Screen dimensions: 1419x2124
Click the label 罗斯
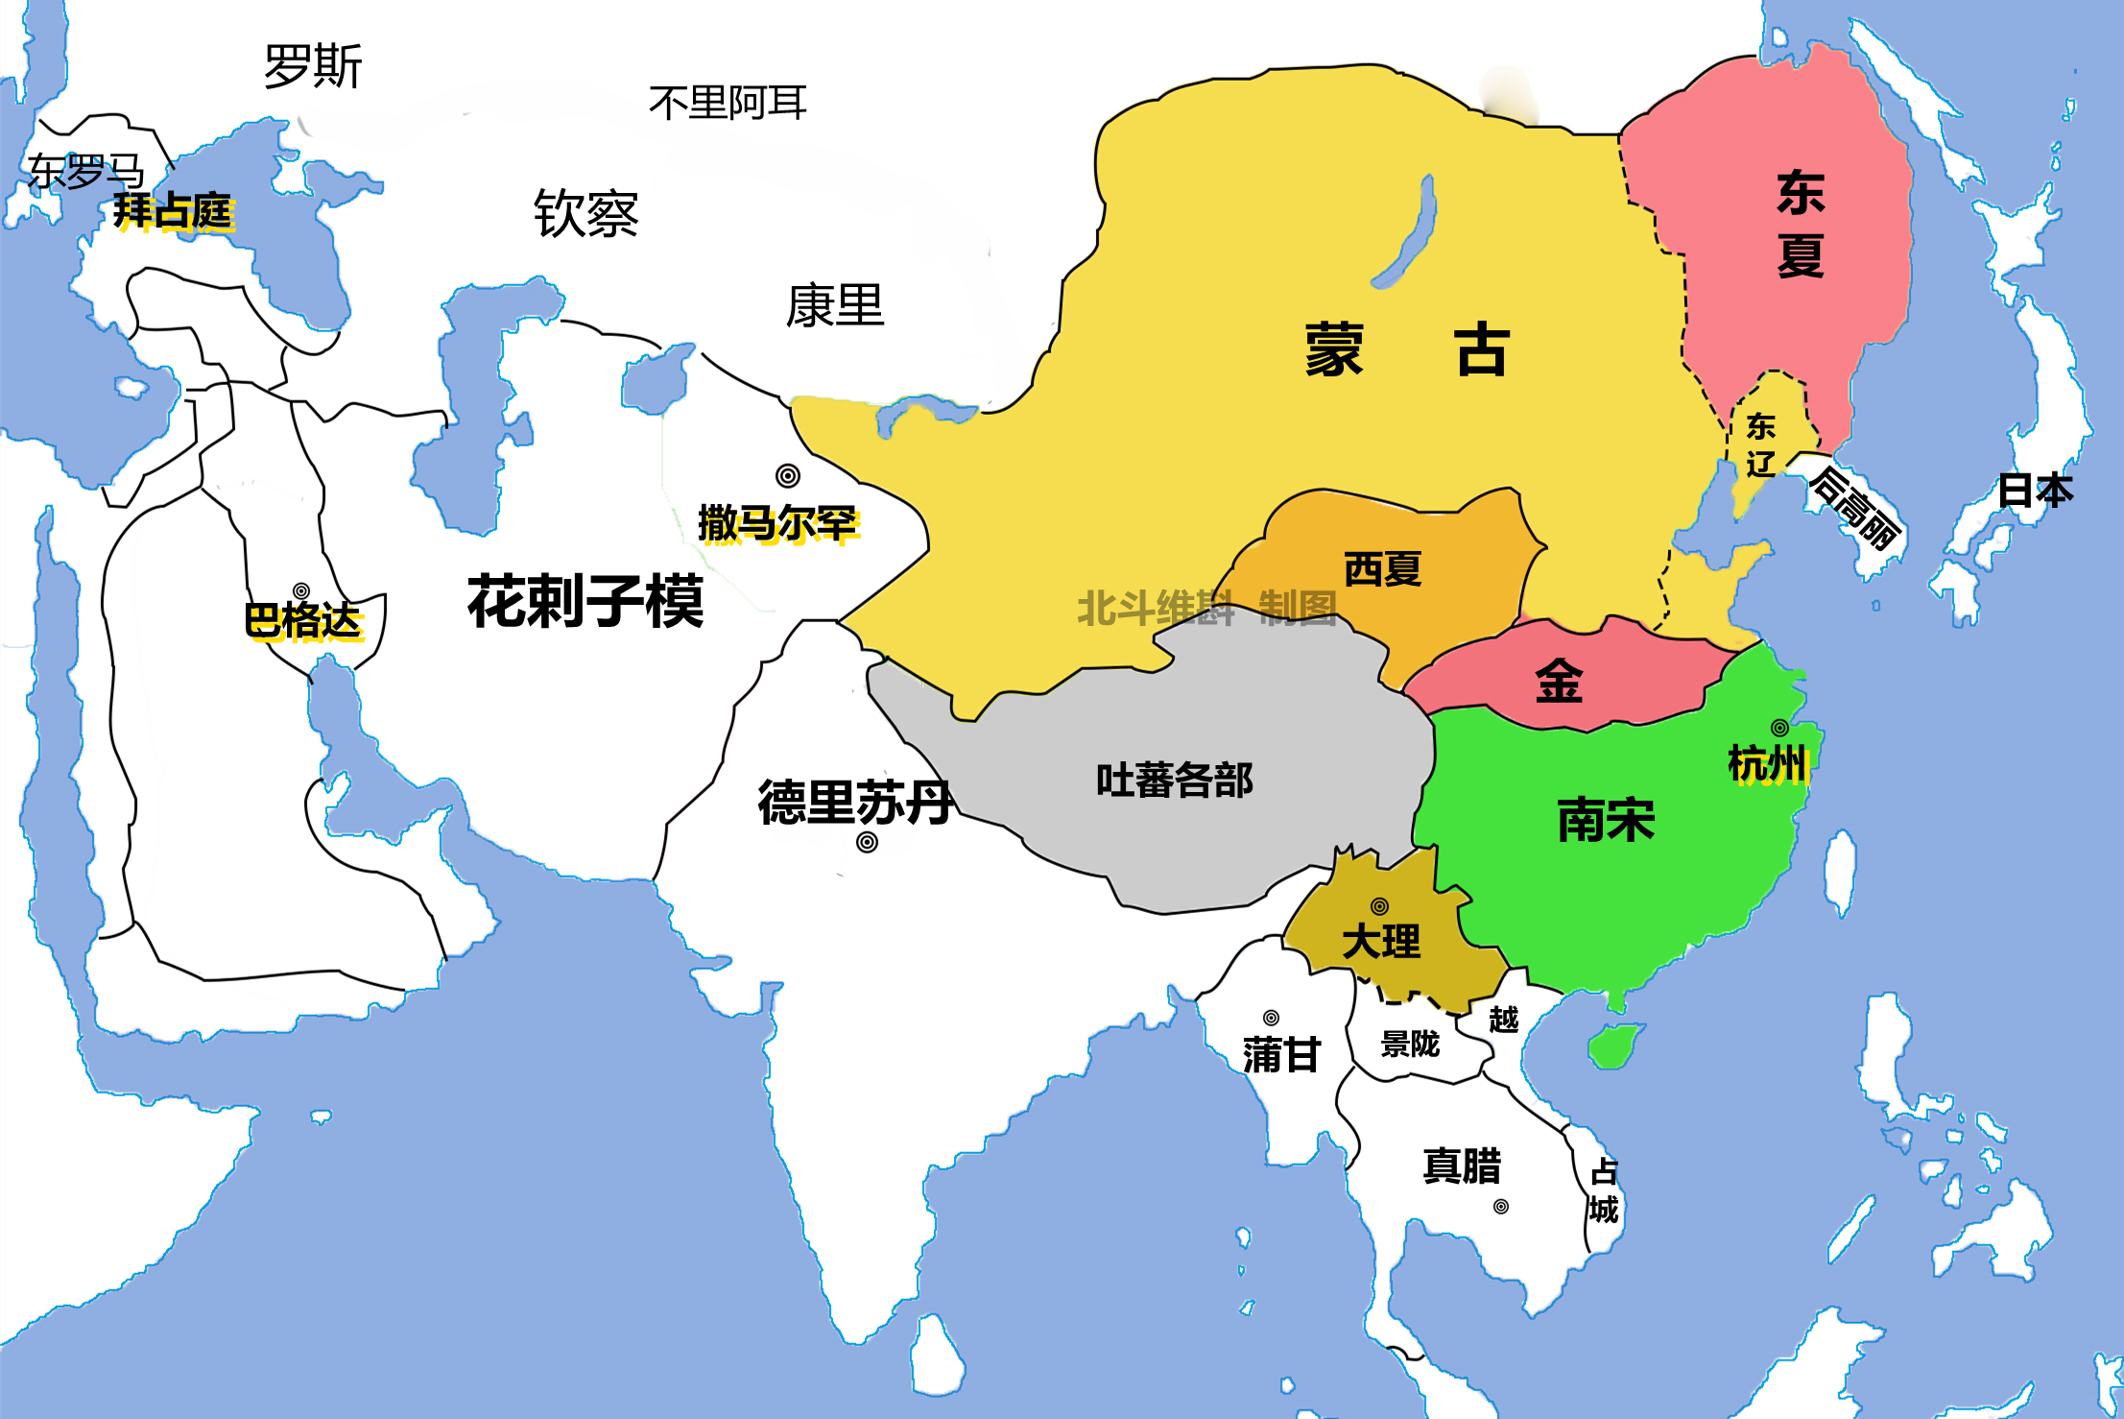coord(313,66)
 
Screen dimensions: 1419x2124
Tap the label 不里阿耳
coord(728,103)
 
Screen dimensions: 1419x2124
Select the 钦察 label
coord(585,212)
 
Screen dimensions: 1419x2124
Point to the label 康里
coord(834,305)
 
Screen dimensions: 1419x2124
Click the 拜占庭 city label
coord(173,210)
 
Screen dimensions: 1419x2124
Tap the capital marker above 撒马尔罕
coord(788,475)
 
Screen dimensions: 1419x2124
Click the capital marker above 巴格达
coord(301,590)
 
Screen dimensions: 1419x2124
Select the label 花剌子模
coord(585,602)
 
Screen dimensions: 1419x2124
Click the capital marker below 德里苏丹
coord(867,842)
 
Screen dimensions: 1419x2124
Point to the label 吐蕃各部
coord(1174,780)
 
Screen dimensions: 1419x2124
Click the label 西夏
coord(1382,569)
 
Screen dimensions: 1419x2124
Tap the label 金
coord(1559,682)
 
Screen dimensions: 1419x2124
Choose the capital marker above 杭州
coord(1779,728)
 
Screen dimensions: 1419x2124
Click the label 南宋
coord(1606,820)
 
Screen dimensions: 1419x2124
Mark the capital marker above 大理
coord(1379,906)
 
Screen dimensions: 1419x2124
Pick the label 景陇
coord(1410,1044)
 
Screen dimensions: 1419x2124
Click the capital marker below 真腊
coord(1501,1207)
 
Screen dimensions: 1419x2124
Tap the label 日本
coord(2035,490)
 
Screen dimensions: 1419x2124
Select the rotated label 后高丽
coord(1855,508)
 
